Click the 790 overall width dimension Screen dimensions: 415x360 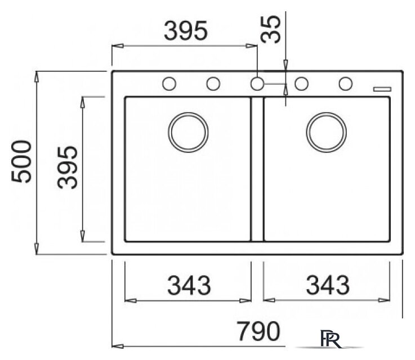click(x=258, y=331)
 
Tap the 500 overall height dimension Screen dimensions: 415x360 click(x=21, y=161)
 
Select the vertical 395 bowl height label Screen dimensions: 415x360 click(x=68, y=167)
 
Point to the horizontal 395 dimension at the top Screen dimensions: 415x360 click(x=186, y=30)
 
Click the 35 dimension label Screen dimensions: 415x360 click(x=270, y=29)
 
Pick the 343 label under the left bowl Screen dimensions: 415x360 click(x=189, y=285)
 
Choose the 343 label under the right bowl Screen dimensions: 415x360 click(x=328, y=285)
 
